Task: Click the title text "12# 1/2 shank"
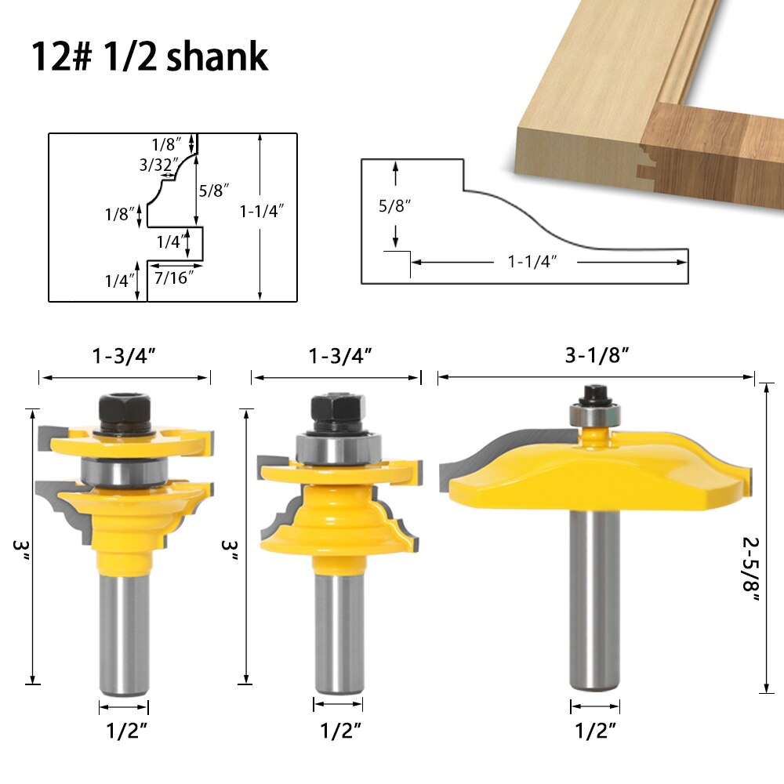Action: click(150, 56)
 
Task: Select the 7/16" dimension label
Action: click(174, 278)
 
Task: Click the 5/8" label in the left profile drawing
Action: click(214, 190)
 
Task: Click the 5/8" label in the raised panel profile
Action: click(394, 206)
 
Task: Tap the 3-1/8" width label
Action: click(597, 355)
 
